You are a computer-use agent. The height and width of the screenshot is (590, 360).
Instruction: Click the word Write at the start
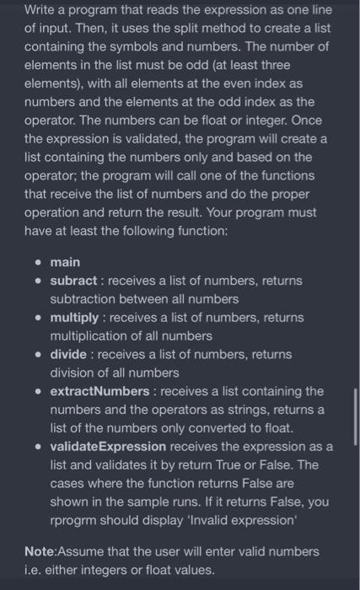point(41,11)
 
